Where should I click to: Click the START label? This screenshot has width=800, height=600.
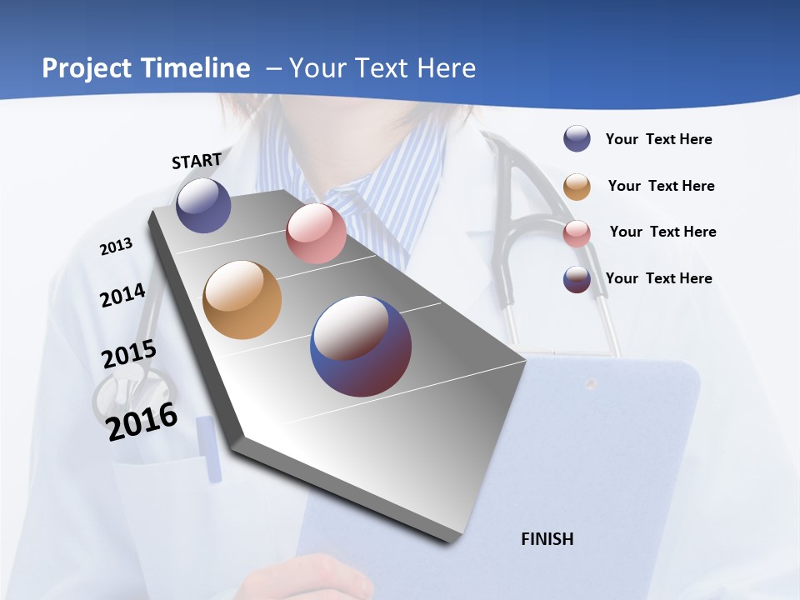[x=197, y=161]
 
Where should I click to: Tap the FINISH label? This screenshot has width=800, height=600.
[x=547, y=539]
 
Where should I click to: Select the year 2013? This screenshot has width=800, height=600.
[x=117, y=247]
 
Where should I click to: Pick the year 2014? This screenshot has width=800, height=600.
[x=123, y=295]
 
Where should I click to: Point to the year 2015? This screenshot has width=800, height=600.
[x=129, y=354]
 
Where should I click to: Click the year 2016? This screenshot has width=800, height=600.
[x=142, y=421]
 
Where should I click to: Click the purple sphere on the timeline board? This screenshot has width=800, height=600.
[x=203, y=205]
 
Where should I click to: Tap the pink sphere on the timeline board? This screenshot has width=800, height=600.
[x=316, y=233]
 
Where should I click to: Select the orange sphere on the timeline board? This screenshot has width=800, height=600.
[x=242, y=300]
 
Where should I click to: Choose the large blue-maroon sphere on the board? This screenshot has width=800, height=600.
[x=361, y=346]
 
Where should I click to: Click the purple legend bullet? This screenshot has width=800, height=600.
[x=577, y=139]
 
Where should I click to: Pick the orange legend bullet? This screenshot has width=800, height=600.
[x=577, y=187]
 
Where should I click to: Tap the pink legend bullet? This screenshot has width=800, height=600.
[x=577, y=233]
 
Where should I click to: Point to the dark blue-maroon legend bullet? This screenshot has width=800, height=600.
[x=577, y=279]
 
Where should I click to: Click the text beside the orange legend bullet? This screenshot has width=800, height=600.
[x=661, y=186]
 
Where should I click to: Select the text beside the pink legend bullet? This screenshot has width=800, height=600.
[x=662, y=232]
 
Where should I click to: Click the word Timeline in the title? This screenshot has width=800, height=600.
[x=196, y=68]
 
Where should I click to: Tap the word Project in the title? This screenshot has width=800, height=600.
[x=87, y=68]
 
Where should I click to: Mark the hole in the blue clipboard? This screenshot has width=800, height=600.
[x=591, y=384]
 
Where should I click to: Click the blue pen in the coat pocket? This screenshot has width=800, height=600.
[x=210, y=450]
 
